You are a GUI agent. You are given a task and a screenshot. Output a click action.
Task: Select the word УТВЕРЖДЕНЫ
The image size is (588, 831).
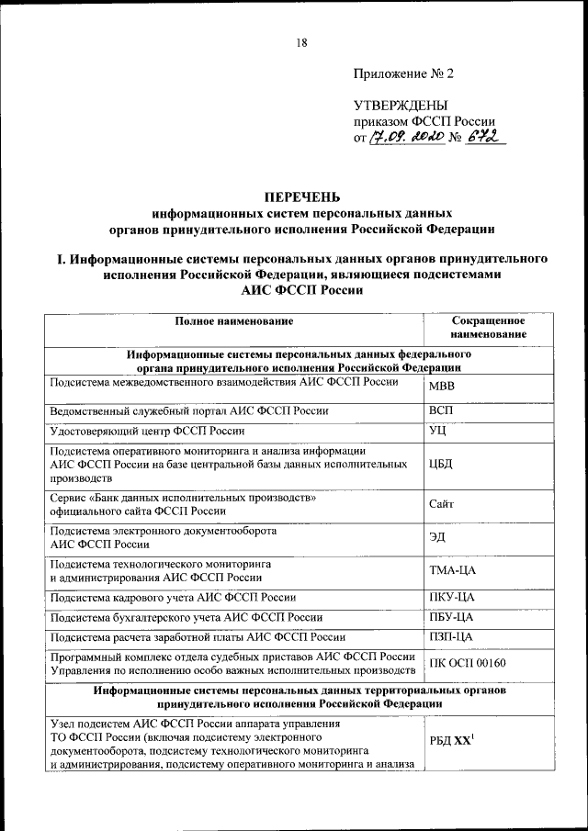pos(401,107)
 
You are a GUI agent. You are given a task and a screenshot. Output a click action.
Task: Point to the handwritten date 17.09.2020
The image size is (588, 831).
pos(407,138)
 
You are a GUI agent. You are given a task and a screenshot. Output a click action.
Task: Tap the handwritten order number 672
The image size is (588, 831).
pos(484,138)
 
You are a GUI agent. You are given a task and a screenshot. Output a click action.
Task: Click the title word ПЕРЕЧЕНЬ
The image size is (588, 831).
pos(302,196)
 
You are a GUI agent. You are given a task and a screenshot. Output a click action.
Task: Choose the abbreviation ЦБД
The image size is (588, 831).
pos(441,464)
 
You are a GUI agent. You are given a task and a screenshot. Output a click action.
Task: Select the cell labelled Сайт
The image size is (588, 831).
pos(442,504)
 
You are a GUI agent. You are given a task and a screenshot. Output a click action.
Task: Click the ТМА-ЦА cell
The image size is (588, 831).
pos(452,570)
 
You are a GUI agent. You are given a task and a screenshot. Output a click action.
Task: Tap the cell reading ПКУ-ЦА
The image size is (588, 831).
pos(451,596)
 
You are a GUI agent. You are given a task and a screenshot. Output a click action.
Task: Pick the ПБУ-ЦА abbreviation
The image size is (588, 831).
pos(451,616)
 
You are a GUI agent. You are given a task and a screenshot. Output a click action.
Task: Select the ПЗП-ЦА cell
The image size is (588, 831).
pos(451,636)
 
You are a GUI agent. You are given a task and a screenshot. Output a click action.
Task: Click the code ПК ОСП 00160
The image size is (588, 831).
pos(468,663)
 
